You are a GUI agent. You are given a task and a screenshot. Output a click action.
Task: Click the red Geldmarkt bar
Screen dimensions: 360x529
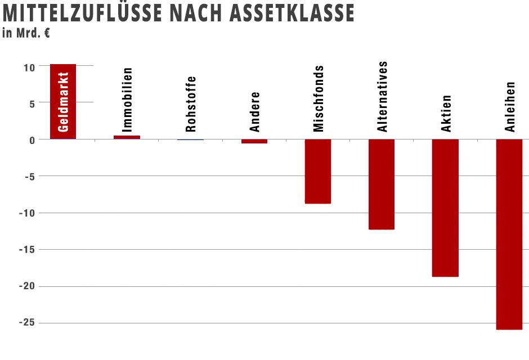click(62, 101)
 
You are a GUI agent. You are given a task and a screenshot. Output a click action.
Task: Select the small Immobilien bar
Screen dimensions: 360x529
click(127, 137)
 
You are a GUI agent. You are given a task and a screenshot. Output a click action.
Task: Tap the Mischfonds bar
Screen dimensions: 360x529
click(318, 171)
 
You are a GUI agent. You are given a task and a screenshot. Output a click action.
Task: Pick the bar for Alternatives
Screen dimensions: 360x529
click(382, 184)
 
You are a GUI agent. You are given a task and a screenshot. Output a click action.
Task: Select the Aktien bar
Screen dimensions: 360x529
click(445, 208)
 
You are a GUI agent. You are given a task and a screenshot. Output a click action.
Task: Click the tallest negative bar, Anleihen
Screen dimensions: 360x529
click(509, 234)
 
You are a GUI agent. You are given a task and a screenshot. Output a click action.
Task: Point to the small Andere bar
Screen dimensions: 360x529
click(254, 141)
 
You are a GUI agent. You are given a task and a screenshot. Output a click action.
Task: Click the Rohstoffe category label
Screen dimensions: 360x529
click(191, 104)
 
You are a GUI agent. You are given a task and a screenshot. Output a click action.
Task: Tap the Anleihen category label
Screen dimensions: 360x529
click(510, 107)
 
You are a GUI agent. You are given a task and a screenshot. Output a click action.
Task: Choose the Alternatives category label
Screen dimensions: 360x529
click(383, 97)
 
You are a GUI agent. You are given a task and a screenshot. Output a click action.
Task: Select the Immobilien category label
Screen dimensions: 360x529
click(128, 100)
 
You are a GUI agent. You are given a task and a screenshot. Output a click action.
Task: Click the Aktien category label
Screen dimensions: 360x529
click(446, 113)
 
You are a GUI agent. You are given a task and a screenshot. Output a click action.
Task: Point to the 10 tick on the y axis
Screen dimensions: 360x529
click(29, 67)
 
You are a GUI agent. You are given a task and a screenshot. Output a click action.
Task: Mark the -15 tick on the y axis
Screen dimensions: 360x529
click(26, 250)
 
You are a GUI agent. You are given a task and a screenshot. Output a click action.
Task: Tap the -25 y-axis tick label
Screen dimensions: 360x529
click(26, 323)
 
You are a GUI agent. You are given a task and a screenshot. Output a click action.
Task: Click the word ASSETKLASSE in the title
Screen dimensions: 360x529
click(292, 13)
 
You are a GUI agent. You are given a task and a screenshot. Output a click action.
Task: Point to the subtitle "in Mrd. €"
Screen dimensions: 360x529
click(26, 33)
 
